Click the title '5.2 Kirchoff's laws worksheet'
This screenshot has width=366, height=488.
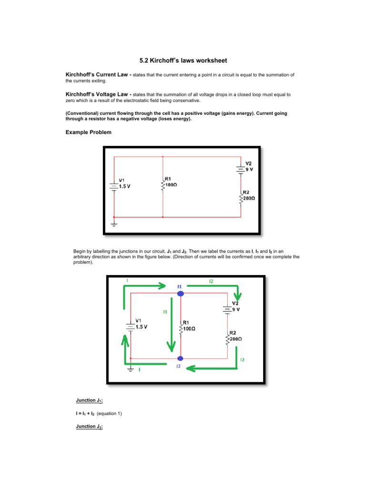183,61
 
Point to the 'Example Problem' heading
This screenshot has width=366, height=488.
88,132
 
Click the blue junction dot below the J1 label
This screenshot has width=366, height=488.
181,294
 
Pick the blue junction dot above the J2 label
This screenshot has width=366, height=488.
181,358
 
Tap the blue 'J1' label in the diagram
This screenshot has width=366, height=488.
179,286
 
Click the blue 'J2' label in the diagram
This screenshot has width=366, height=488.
178,366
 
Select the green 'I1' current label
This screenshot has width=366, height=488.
165,311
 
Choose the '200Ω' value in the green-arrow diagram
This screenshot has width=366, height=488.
235,338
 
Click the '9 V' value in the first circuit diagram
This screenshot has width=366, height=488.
249,169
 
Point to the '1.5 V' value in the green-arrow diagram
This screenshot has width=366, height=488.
142,327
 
